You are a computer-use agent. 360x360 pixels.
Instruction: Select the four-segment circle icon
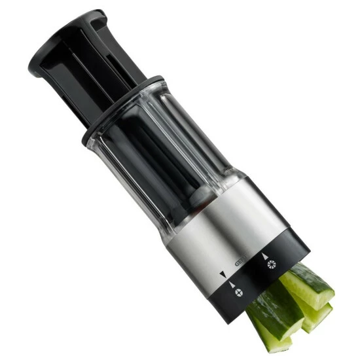pos(239,293)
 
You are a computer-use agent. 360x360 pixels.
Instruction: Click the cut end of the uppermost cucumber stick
pos(323,291)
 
